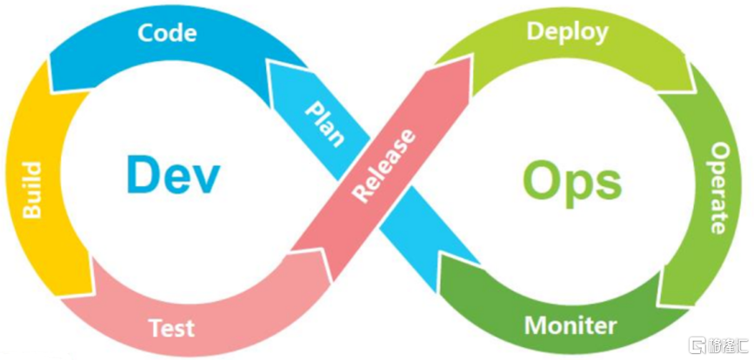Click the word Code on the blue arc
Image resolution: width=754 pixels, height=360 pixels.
167,33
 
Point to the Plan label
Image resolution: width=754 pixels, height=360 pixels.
325,122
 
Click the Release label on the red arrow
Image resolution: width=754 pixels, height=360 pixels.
383,165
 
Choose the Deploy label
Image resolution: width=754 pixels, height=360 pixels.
567,32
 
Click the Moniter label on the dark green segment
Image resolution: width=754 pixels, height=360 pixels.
571,326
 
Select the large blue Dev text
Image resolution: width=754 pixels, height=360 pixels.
173,174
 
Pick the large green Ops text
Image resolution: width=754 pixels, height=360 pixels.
571,182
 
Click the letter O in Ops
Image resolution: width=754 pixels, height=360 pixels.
541,180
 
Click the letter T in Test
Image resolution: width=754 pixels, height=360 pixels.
156,329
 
